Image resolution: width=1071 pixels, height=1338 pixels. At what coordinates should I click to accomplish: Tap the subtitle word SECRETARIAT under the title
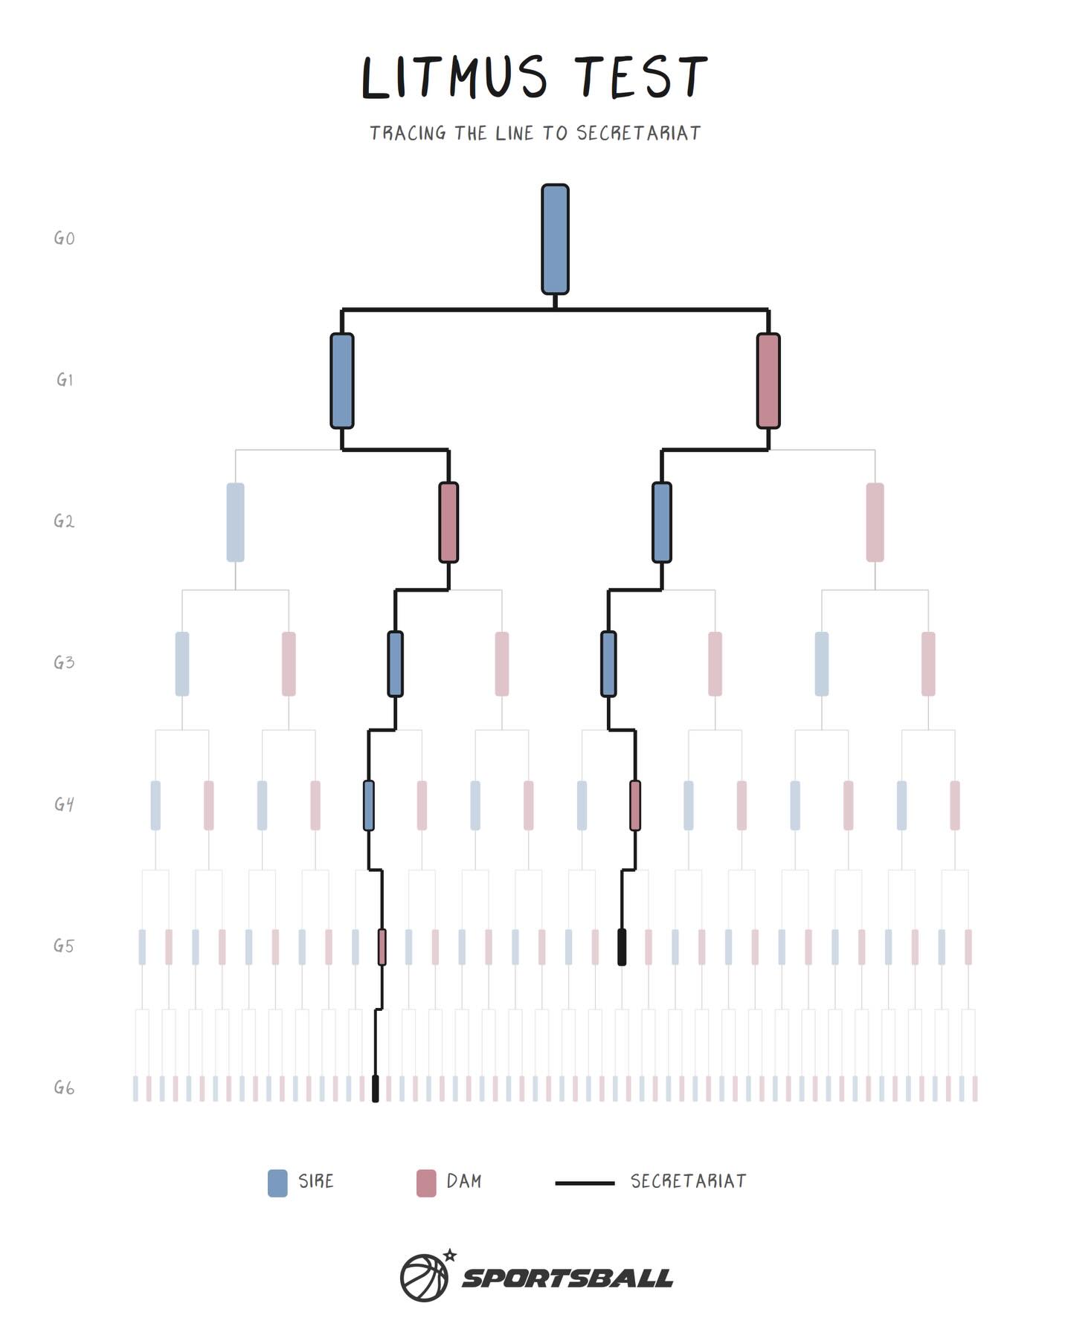[639, 133]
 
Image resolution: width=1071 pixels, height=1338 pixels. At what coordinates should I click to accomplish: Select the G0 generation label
[64, 239]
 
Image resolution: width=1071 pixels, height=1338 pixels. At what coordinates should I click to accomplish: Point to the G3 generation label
[64, 662]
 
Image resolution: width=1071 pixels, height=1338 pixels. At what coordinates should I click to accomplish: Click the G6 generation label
[64, 1088]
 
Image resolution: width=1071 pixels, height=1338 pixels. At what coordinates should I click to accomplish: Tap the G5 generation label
[64, 946]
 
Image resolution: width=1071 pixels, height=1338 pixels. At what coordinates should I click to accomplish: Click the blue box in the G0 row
[555, 239]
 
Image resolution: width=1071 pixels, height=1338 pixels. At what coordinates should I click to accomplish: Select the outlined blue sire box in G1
[342, 381]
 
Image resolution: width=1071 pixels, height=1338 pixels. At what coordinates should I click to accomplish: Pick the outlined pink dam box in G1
[768, 381]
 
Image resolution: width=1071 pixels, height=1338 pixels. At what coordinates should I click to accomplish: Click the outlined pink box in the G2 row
[448, 523]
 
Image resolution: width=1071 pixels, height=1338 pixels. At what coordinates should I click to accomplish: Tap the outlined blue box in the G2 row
[662, 523]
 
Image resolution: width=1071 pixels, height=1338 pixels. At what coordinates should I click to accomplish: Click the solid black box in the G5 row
[622, 947]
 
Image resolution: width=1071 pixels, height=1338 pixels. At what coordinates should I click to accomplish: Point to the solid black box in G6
[376, 1088]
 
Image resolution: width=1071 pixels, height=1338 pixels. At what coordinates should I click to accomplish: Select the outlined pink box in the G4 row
[635, 805]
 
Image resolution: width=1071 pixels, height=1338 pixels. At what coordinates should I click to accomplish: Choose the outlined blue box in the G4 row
[369, 805]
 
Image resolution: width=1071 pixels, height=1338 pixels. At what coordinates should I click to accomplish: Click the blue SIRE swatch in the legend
[277, 1183]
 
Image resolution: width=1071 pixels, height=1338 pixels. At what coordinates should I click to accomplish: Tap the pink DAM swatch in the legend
[426, 1183]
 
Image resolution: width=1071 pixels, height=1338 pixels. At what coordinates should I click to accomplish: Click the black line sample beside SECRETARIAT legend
[585, 1183]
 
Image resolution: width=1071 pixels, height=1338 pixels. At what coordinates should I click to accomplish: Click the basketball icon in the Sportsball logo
[425, 1278]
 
